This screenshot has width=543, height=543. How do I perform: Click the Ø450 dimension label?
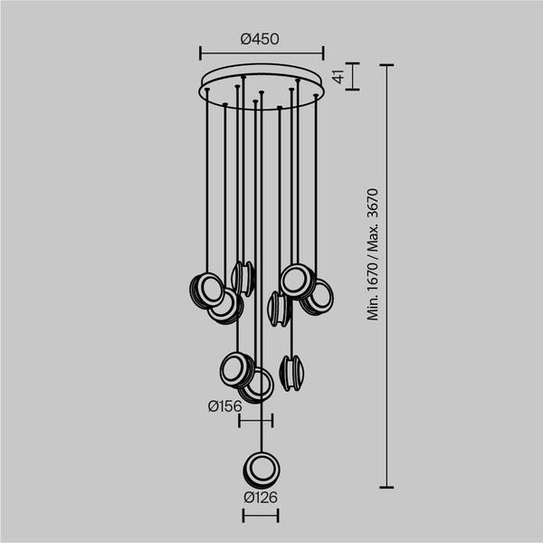click(260, 38)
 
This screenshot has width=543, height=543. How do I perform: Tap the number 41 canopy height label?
click(338, 77)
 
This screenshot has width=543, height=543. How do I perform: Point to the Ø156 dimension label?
click(224, 406)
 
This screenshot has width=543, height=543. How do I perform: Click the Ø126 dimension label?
click(260, 497)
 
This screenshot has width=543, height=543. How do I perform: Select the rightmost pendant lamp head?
click(317, 296)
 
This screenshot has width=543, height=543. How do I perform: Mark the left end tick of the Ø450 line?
click(199, 52)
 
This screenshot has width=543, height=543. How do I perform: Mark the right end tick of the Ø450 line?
click(322, 52)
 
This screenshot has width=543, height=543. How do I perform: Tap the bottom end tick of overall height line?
click(386, 488)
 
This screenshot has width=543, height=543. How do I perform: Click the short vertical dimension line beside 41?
click(353, 76)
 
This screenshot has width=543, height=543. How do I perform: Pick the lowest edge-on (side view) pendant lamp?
click(292, 373)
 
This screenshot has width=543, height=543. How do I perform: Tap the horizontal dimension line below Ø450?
click(261, 52)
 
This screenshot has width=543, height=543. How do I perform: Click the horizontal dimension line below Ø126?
click(260, 516)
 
